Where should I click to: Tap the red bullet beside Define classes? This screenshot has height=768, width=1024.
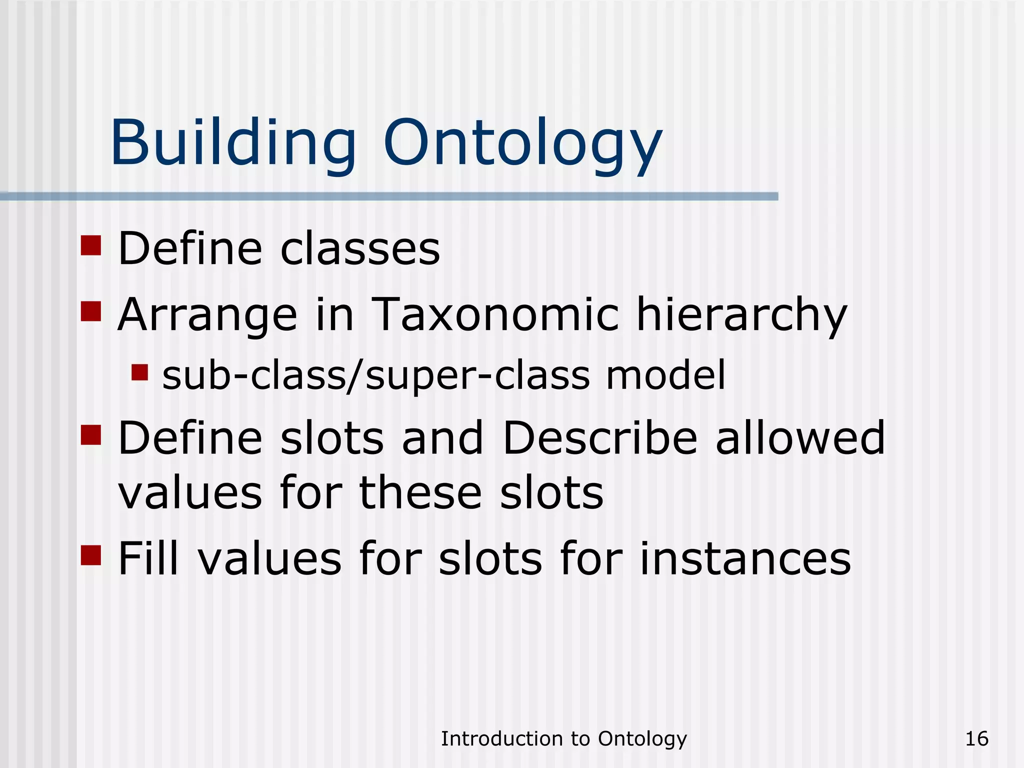click(91, 245)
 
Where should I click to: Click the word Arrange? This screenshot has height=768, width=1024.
click(207, 315)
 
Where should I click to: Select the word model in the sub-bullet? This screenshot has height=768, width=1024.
click(665, 375)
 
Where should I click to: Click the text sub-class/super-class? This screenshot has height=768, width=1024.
click(376, 376)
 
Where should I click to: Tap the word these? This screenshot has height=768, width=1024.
click(420, 492)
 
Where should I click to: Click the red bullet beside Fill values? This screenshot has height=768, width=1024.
click(91, 554)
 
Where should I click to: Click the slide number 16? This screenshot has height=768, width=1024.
click(976, 738)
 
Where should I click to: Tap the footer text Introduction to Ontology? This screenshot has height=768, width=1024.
click(563, 738)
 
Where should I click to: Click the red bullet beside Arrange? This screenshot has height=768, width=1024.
click(91, 311)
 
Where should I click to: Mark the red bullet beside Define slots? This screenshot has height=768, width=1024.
click(91, 434)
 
